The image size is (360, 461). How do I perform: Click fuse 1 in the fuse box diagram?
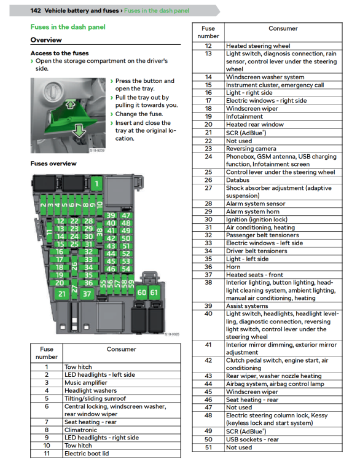point(96,184)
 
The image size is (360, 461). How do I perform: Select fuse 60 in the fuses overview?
point(142,293)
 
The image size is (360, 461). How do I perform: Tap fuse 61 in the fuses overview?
point(154,293)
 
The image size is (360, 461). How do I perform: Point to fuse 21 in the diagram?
point(61,294)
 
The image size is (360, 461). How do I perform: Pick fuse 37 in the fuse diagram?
point(87,294)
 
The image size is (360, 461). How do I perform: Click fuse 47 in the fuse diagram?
point(126,216)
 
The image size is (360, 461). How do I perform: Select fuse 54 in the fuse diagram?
point(126,269)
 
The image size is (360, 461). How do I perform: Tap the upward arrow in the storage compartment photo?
point(70,104)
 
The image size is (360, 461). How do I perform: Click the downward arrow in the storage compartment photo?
point(79,130)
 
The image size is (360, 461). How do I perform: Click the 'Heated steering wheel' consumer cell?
point(258,46)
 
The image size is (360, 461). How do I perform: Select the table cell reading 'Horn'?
point(233,267)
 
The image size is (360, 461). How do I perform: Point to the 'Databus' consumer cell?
point(238,180)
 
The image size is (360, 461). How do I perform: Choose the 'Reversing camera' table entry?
point(251,149)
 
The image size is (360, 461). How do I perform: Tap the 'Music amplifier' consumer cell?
point(86,382)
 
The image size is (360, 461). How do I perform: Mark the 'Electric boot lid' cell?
point(87,454)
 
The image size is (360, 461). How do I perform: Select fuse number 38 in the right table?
point(208,283)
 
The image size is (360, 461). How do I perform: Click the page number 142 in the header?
point(36,10)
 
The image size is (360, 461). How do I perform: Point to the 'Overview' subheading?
point(46,40)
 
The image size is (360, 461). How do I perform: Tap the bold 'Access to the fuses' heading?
point(60,53)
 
